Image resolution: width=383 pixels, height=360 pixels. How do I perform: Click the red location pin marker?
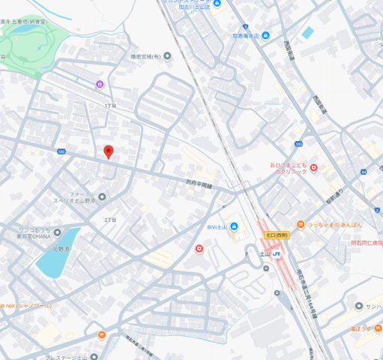108,151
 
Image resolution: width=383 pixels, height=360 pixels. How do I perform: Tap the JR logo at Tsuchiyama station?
277,254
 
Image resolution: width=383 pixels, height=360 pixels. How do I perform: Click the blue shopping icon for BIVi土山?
233,227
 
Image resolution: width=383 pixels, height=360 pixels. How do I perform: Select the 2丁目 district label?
110,219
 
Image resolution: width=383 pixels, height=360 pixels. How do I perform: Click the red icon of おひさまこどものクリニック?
313,167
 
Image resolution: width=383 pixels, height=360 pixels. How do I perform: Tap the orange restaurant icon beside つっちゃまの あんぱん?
300,223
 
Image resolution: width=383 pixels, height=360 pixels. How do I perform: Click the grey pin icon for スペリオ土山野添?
102,197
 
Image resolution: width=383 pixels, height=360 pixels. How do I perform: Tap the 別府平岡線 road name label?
199,185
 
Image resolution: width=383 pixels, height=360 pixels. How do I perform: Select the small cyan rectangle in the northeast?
307,32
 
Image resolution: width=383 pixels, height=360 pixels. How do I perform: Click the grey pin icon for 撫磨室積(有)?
166,54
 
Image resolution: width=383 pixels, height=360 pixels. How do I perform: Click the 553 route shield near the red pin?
61,151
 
